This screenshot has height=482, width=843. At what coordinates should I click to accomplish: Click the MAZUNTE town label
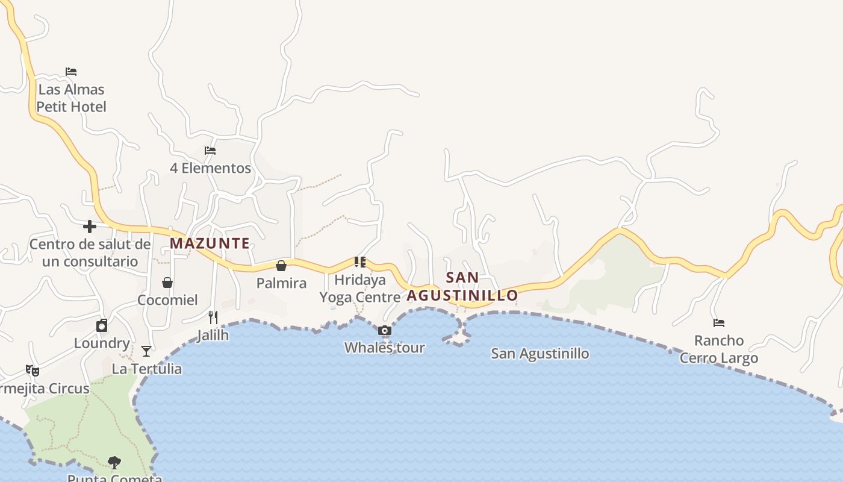[210, 243]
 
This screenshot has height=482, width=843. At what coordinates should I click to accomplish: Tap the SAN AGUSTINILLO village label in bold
[462, 286]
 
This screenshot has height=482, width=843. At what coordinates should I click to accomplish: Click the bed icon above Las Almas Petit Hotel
[71, 72]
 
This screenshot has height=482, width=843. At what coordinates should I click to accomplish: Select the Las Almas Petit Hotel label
[71, 98]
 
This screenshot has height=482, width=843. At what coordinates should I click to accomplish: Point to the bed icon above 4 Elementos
[210, 151]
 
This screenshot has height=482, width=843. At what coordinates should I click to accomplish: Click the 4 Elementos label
[210, 168]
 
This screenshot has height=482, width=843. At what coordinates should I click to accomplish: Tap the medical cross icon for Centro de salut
[90, 227]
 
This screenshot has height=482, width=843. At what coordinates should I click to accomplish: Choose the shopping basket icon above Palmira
[281, 266]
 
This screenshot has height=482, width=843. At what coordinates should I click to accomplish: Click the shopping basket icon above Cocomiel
[167, 283]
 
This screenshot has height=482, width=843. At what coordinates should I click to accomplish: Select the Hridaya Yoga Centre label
[360, 289]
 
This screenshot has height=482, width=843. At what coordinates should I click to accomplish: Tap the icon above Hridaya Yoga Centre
[360, 261]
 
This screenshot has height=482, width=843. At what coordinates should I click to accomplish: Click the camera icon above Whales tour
[385, 330]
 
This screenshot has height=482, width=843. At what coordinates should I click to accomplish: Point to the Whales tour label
[385, 348]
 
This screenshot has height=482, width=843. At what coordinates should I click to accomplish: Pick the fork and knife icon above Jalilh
[213, 317]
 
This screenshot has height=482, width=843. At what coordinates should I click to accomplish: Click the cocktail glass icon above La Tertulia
[146, 351]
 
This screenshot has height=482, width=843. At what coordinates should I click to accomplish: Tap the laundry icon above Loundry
[102, 326]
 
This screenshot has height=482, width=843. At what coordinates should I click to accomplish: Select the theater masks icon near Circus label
[33, 371]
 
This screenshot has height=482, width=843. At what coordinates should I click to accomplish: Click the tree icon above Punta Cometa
[114, 463]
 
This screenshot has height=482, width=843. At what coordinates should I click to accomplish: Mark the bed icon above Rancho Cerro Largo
[719, 323]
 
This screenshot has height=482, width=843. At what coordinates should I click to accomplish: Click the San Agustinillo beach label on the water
[540, 354]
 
